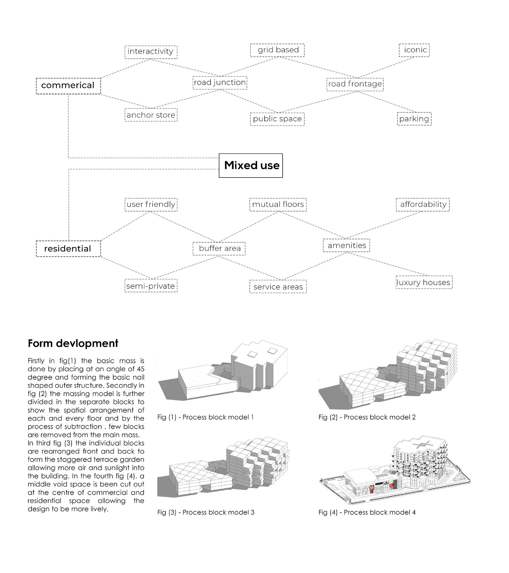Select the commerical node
[x=68, y=86]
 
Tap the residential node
[x=68, y=249]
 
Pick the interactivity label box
[x=151, y=52]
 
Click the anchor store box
[x=151, y=115]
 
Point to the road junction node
[x=220, y=83]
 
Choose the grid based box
[x=277, y=50]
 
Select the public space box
[x=277, y=119]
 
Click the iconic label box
[x=414, y=50]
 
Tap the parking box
[x=414, y=119]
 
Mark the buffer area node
[x=219, y=248]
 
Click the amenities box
[x=346, y=245]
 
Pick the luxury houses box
[x=424, y=282]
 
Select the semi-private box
[x=151, y=286]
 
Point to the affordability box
[x=423, y=204]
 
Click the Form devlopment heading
[x=73, y=344]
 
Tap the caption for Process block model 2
[x=367, y=417]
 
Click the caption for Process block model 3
[x=206, y=512]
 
